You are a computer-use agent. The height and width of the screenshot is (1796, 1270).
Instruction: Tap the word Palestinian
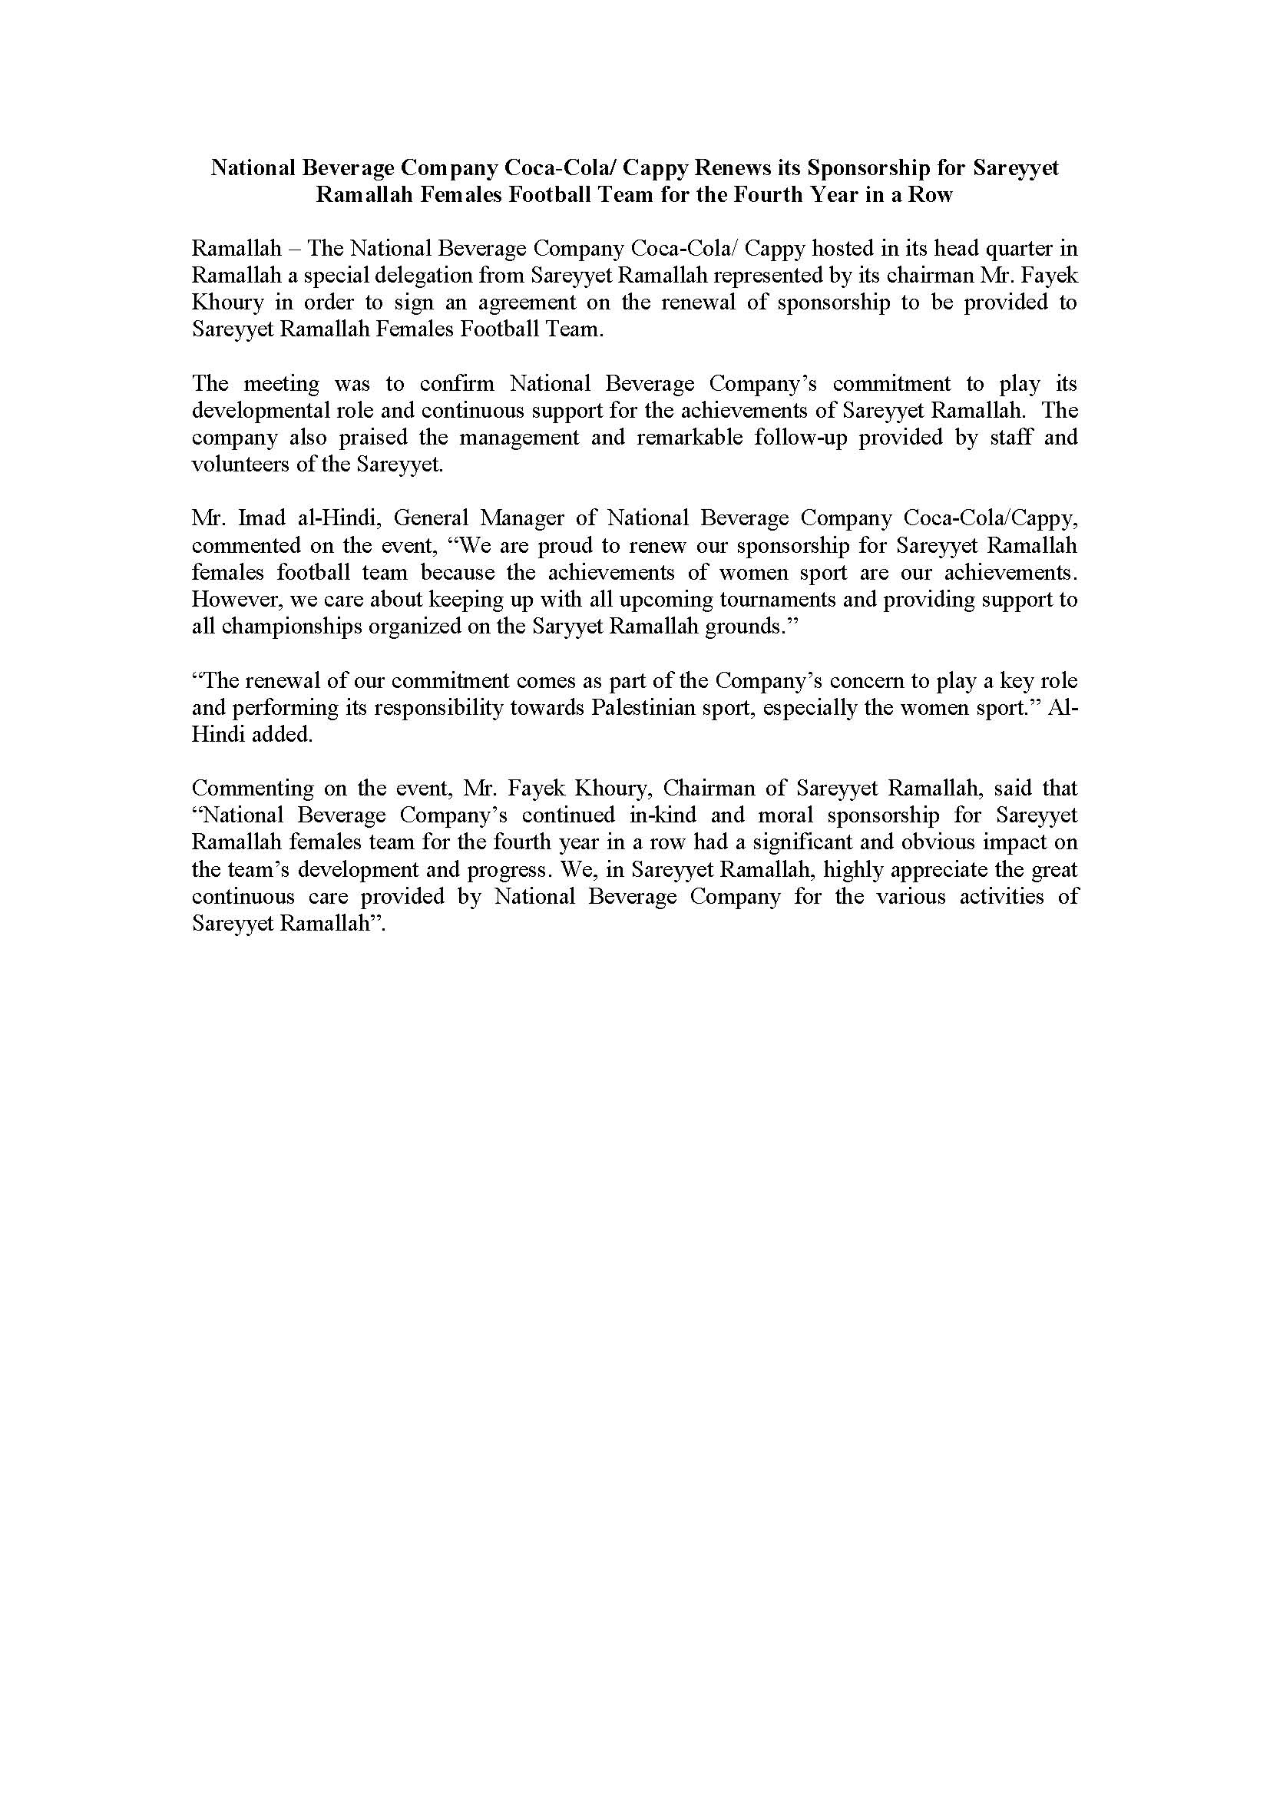point(651,709)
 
